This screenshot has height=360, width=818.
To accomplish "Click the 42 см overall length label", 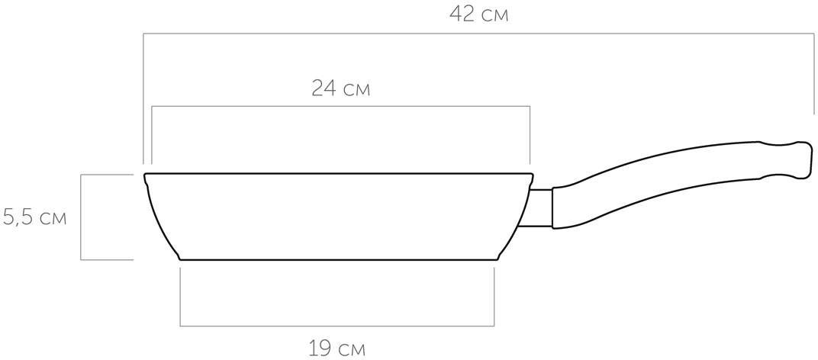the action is [x=478, y=14].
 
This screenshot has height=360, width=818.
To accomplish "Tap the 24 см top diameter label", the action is [x=340, y=88].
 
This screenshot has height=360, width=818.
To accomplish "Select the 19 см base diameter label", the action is [x=337, y=348].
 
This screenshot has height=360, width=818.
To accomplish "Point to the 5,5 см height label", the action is [x=34, y=217].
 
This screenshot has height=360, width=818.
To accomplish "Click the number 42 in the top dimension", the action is [x=462, y=14].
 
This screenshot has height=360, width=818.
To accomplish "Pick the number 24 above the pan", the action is [x=324, y=88].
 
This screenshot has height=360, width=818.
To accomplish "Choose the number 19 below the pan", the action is [x=320, y=348].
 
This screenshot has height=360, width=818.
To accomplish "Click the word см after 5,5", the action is [x=53, y=219].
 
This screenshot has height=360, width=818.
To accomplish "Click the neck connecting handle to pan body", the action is [x=540, y=207].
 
